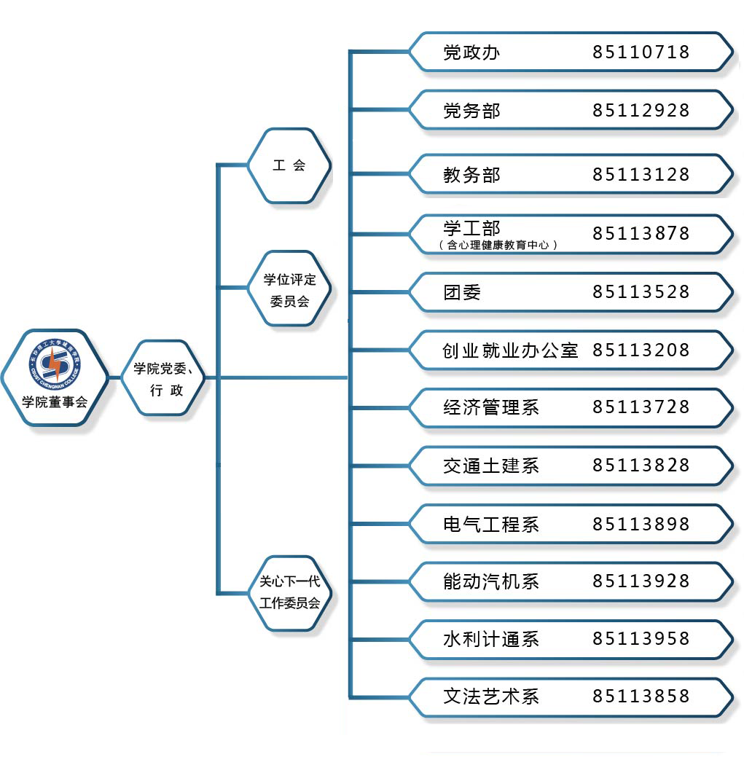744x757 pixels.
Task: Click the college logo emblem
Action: coord(55,364)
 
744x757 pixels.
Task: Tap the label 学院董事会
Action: coord(55,401)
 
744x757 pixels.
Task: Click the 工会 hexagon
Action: coord(289,165)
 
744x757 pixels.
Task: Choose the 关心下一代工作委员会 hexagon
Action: coord(289,592)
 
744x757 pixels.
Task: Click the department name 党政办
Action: coord(471,52)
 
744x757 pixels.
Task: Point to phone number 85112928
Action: coord(641,111)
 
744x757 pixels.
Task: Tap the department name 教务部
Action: coord(471,176)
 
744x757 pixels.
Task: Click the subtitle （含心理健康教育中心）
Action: coord(498,246)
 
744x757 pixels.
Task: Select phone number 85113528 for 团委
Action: coord(641,292)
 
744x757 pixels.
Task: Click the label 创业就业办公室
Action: coord(510,350)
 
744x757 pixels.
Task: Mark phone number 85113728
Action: coord(641,407)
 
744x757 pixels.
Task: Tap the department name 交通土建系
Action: coord(490,466)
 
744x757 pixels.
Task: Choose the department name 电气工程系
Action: coord(490,525)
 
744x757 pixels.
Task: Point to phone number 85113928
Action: coord(641,581)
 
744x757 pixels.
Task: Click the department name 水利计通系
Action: coord(490,640)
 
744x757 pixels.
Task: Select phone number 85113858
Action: coord(641,697)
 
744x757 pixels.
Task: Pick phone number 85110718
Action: coord(641,52)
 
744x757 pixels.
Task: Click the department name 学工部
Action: coord(471,228)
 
